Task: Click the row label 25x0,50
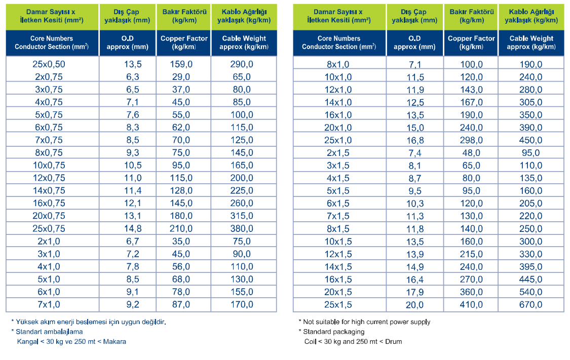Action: pyautogui.click(x=49, y=64)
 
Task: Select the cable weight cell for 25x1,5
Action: pyautogui.click(x=531, y=305)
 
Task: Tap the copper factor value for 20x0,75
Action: pyautogui.click(x=181, y=216)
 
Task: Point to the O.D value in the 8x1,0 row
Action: pyautogui.click(x=415, y=65)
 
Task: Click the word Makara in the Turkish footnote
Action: pyautogui.click(x=115, y=341)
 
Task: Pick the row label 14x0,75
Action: pyautogui.click(x=49, y=191)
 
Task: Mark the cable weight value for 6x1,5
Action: pyautogui.click(x=531, y=204)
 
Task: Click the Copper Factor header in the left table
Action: pyautogui.click(x=184, y=43)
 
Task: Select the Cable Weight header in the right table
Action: pyautogui.click(x=531, y=43)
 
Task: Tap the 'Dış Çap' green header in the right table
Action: pyautogui.click(x=414, y=16)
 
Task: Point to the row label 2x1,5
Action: pyautogui.click(x=338, y=153)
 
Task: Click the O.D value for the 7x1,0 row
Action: pyautogui.click(x=133, y=304)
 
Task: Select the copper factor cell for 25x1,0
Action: pyautogui.click(x=471, y=140)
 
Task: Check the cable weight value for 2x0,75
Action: pyautogui.click(x=242, y=77)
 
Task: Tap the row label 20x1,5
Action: pyautogui.click(x=338, y=292)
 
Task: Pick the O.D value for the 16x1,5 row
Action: pyautogui.click(x=415, y=279)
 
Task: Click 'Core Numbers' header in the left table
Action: pyautogui.click(x=52, y=38)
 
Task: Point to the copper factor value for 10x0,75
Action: pyautogui.click(x=181, y=165)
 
